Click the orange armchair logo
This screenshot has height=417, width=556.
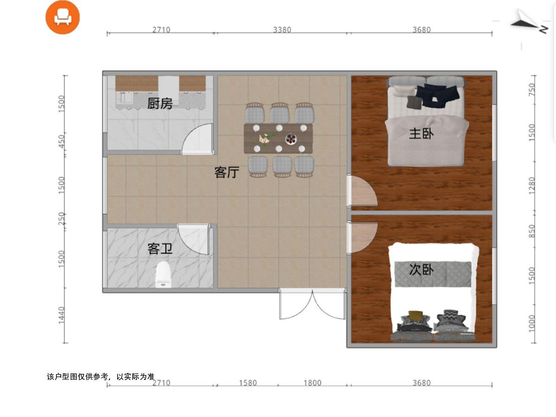63,17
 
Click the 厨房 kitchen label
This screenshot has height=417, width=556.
160,103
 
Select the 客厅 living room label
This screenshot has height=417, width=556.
227,172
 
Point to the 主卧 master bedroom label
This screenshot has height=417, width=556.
421,134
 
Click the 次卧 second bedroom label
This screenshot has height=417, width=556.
421,269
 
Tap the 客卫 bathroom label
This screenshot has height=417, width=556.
160,249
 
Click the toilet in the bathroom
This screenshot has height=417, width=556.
163,274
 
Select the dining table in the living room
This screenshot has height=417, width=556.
278,139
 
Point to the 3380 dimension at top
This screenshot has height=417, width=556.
282,30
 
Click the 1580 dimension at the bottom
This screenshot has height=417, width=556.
248,383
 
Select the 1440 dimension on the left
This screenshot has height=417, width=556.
62,315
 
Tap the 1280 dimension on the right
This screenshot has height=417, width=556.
532,186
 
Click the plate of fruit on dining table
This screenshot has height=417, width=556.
291,139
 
